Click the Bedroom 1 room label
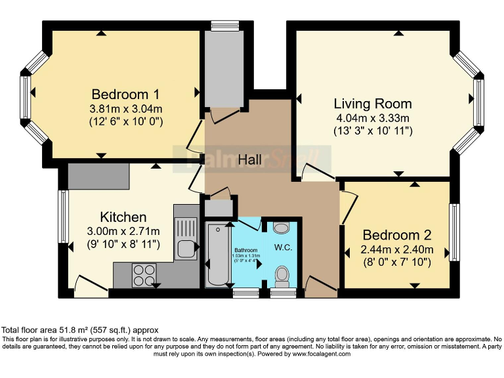pyautogui.click(x=125, y=93)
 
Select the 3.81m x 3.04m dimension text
pyautogui.click(x=125, y=108)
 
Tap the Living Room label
pyautogui.click(x=373, y=104)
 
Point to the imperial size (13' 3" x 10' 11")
pyautogui.click(x=373, y=131)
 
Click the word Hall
pyautogui.click(x=249, y=159)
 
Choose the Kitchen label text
pyautogui.click(x=123, y=217)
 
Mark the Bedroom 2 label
pyautogui.click(x=397, y=235)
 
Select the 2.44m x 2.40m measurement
pyautogui.click(x=398, y=249)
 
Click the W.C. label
pyautogui.click(x=283, y=247)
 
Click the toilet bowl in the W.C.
pyautogui.click(x=283, y=276)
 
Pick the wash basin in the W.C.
pyautogui.click(x=281, y=228)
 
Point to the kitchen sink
pyautogui.click(x=186, y=248)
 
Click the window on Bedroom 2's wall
pyautogui.click(x=453, y=233)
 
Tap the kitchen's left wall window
pyautogui.click(x=64, y=217)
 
